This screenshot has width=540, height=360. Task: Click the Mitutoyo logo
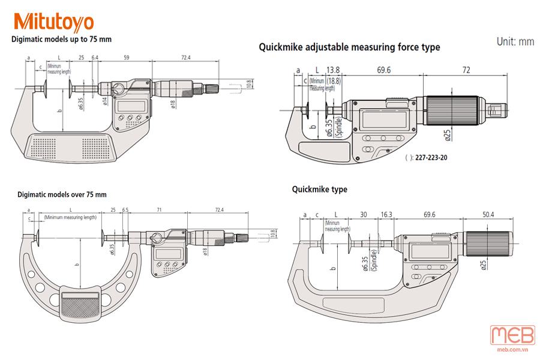(54, 22)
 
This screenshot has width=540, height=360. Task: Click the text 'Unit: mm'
(515, 41)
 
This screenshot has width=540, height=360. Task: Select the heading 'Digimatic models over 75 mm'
(62, 194)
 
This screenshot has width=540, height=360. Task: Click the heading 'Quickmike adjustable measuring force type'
(349, 47)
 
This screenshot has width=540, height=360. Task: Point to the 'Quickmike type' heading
(319, 189)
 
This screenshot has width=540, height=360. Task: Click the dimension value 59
(127, 58)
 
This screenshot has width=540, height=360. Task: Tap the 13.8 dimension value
(333, 70)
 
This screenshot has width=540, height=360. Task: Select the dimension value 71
(160, 210)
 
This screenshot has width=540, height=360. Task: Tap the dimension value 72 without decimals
(466, 70)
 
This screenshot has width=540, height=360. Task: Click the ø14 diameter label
(105, 100)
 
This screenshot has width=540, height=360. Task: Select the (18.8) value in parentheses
(334, 80)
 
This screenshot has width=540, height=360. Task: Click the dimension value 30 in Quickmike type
(363, 214)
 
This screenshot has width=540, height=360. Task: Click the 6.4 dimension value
(95, 58)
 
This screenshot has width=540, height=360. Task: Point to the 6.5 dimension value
(125, 210)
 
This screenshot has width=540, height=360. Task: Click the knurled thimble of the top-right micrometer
(452, 112)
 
